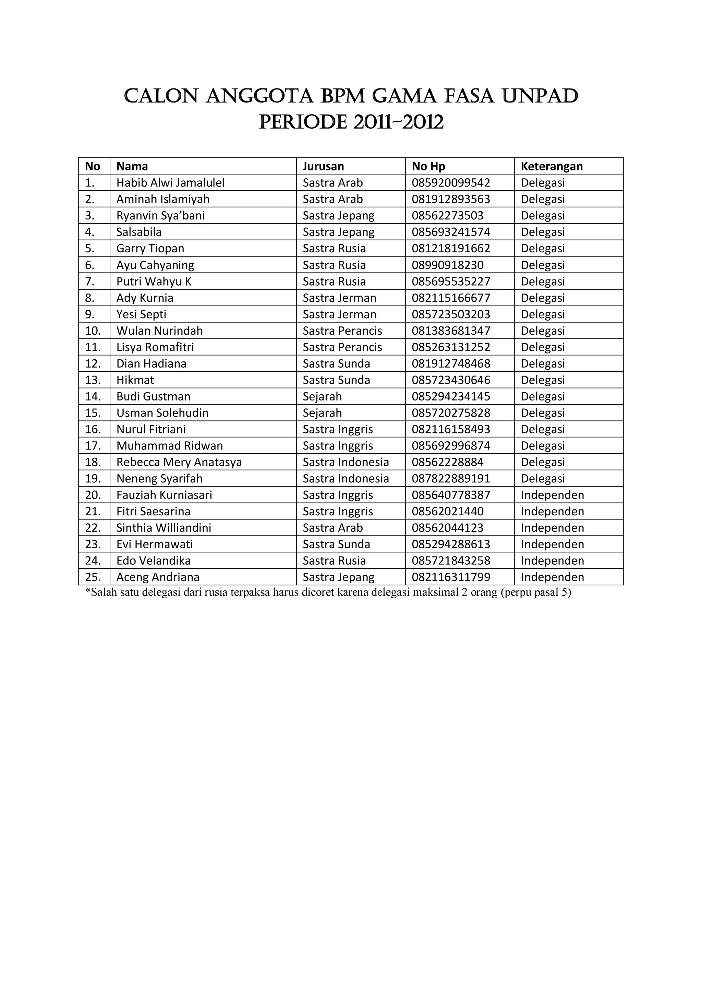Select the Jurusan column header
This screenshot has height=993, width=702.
point(323,167)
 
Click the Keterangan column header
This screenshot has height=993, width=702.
point(552,167)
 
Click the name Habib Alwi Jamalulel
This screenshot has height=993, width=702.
point(170,183)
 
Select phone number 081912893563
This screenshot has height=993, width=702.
point(450,199)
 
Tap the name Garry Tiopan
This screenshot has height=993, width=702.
point(150,249)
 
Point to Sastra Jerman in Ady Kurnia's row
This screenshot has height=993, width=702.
point(339,298)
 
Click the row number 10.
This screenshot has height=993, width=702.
point(93,331)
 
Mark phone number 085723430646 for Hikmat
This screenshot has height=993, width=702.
point(450,380)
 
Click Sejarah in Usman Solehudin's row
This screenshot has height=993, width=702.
point(322,413)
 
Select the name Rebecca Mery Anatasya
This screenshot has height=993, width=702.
point(179,462)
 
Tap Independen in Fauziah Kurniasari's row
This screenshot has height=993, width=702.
point(552,495)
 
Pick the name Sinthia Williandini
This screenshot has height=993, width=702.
point(164,528)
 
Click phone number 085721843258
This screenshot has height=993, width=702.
point(450,561)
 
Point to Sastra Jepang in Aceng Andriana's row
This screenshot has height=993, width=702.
point(338,577)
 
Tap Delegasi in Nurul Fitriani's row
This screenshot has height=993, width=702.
point(543,429)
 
